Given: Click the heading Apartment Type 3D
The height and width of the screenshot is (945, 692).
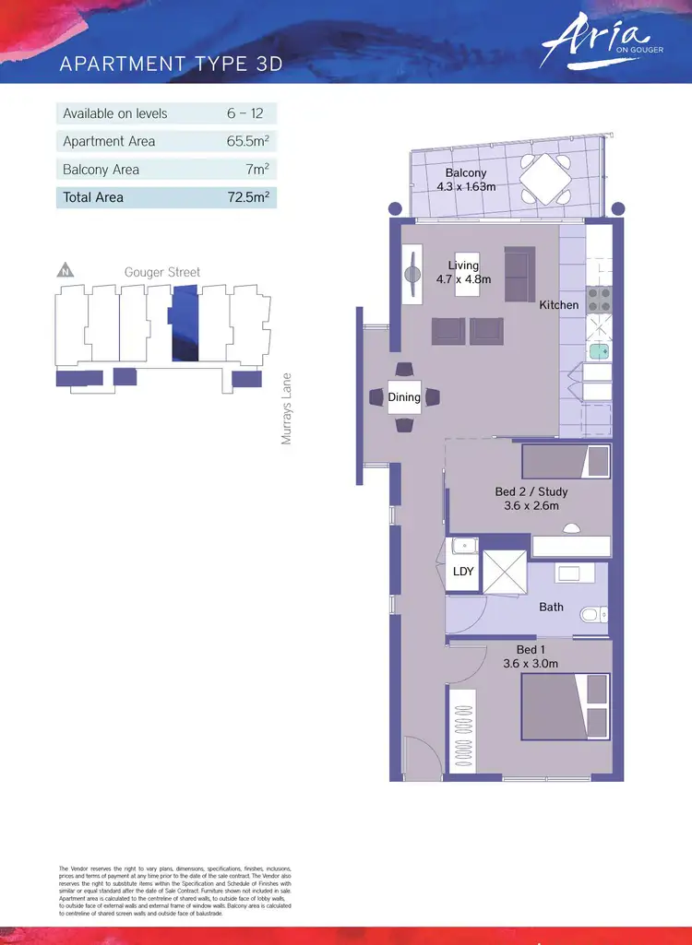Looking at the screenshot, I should tap(171, 64).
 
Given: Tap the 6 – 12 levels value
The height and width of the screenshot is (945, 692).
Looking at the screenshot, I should tap(245, 113).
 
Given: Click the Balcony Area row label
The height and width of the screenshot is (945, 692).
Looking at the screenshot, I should tap(101, 170).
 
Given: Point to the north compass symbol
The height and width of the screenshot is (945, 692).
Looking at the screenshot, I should tap(66, 271).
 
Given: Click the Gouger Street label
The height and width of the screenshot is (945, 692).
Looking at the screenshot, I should tap(162, 272).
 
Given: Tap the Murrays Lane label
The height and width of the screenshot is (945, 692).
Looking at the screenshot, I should tap(287, 408).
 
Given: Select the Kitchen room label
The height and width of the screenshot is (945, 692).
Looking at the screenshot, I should tap(559, 304).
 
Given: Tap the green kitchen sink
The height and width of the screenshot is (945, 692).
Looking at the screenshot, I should tap(599, 349).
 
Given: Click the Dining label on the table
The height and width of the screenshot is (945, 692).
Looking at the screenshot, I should tap(404, 397).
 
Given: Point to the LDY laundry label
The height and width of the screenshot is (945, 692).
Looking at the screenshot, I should tap(463, 572).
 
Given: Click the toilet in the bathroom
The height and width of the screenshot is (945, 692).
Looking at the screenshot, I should tap(591, 613).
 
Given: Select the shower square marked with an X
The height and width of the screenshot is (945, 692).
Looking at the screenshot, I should tap(504, 573).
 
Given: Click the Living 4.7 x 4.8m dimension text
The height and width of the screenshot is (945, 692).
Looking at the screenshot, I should tap(464, 280).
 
